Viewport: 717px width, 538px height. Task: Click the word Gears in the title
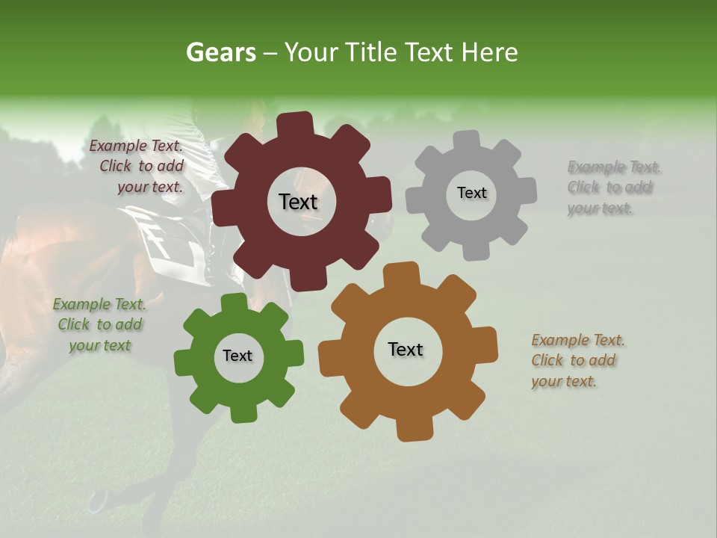pos(220,52)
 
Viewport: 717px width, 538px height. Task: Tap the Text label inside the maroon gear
pos(298,202)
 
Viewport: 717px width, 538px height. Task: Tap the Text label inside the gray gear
pos(471,193)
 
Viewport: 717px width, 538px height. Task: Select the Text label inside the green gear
pos(238,356)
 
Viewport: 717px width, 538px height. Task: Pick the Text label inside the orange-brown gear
pos(406,350)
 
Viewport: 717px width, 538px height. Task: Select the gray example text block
pos(612,188)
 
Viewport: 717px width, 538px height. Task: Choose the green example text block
pos(99,325)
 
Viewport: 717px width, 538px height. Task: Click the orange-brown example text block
pos(577,361)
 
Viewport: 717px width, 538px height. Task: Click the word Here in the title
pos(489,52)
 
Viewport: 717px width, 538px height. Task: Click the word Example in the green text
pos(80,304)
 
